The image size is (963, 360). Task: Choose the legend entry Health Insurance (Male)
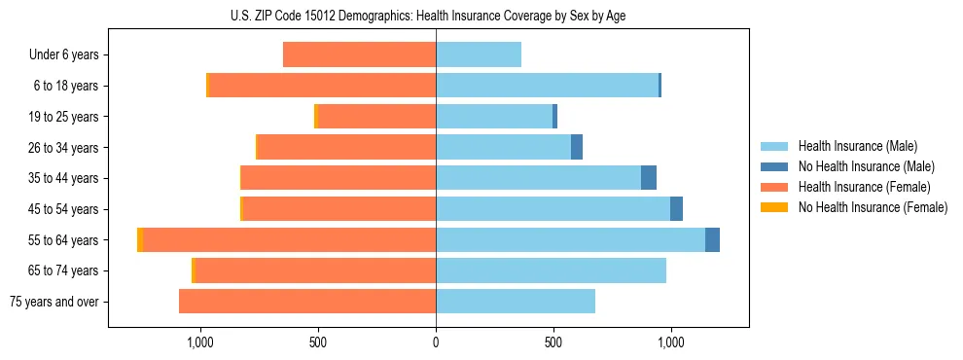(x=857, y=146)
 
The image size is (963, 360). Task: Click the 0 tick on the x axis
(x=436, y=342)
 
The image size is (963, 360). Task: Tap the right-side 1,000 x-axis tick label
(x=671, y=342)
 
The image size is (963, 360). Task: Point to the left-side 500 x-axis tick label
(x=318, y=342)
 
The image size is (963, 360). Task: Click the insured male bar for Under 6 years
(x=479, y=54)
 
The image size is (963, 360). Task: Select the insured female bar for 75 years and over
(x=307, y=302)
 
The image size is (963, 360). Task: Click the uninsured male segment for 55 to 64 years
(x=712, y=239)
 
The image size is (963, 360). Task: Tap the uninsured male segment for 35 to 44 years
(x=649, y=178)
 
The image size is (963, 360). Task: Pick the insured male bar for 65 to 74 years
(x=551, y=270)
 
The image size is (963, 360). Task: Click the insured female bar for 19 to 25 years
(x=377, y=117)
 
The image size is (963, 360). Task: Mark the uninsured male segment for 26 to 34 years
(x=577, y=147)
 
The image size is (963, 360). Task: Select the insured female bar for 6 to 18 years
(x=323, y=86)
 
